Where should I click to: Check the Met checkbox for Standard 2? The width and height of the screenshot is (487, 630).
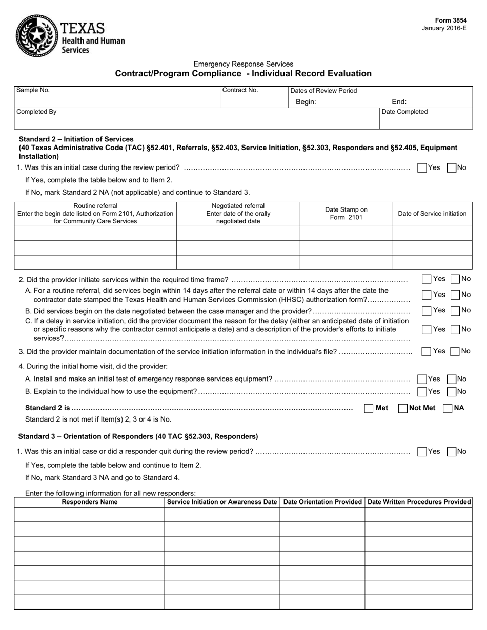[369, 408]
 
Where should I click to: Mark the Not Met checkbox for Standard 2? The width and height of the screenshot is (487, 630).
[403, 408]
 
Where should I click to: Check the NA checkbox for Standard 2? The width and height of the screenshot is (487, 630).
[448, 408]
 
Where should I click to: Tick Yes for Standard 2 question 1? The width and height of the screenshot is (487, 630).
[422, 167]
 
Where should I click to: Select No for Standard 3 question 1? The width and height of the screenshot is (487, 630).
[452, 452]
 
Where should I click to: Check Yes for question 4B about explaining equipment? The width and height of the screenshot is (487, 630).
[422, 392]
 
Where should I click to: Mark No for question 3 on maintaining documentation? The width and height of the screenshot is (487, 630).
[455, 351]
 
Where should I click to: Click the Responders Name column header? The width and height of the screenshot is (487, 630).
[89, 502]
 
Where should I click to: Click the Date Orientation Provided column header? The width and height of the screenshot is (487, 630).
[322, 502]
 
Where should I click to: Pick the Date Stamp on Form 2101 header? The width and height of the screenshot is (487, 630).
[346, 214]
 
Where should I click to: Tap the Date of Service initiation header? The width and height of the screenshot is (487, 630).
[432, 214]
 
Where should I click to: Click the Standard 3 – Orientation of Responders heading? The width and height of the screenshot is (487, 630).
[138, 436]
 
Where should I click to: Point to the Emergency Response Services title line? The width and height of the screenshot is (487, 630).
[243, 64]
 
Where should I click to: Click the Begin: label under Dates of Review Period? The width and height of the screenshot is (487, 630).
[306, 102]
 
